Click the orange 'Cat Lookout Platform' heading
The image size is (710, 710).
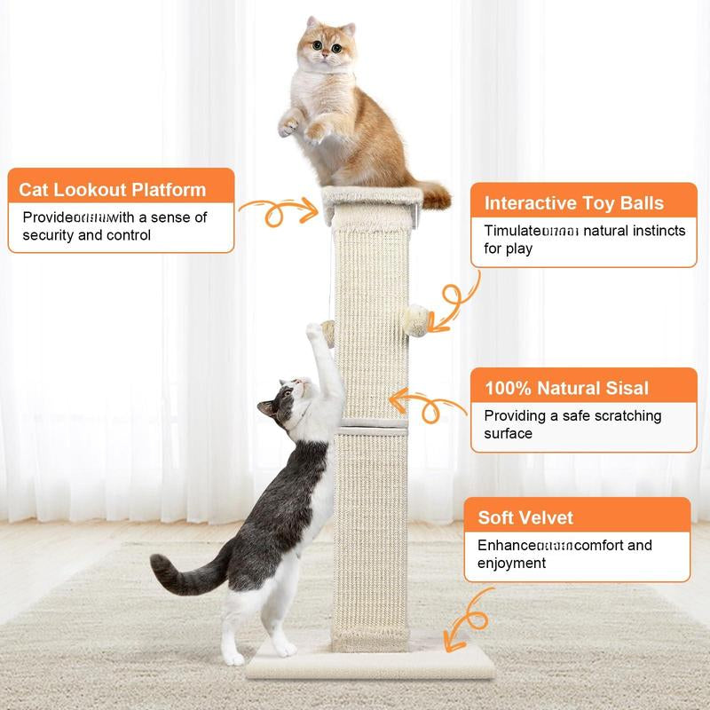pyautogui.click(x=113, y=189)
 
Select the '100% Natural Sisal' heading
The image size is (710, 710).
pyautogui.click(x=566, y=388)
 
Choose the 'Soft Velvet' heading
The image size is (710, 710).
pyautogui.click(x=525, y=517)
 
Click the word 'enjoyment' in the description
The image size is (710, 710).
pyautogui.click(x=512, y=563)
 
